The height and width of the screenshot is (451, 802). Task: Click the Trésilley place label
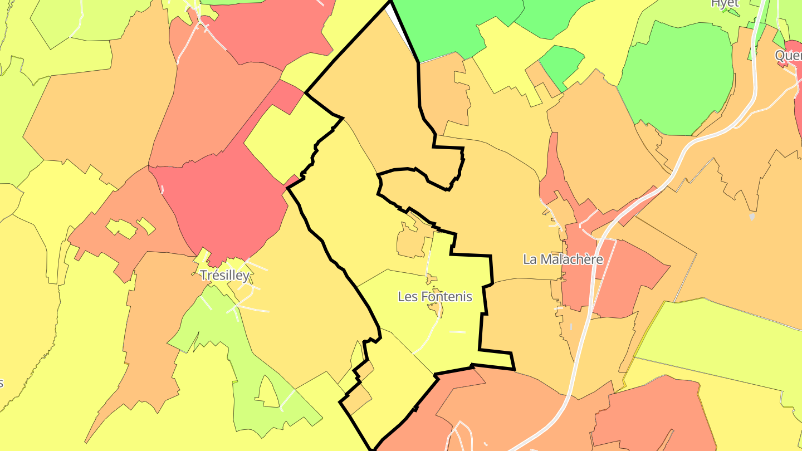click(224, 276)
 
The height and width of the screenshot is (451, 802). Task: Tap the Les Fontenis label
click(434, 297)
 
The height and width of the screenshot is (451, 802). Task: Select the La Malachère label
click(563, 259)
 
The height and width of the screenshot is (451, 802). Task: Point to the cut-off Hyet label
click(725, 3)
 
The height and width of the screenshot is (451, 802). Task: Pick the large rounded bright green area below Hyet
click(677, 78)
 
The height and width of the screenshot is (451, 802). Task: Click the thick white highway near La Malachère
click(579, 345)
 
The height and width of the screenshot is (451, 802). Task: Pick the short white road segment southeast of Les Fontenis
click(457, 332)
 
